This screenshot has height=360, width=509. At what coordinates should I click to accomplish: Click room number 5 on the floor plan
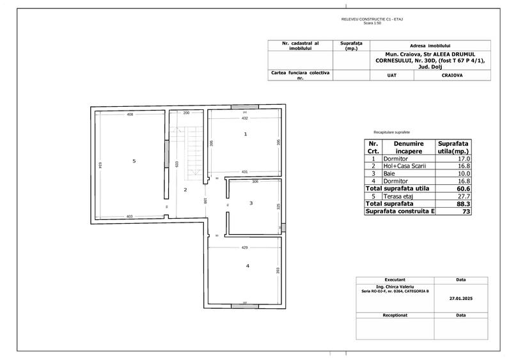tap(134, 161)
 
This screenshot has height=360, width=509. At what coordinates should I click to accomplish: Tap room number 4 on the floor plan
tap(247, 265)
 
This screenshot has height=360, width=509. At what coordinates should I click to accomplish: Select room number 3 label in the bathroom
tap(251, 203)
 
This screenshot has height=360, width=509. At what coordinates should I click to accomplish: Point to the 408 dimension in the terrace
tap(130, 114)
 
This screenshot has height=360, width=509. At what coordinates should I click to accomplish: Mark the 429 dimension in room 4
tap(245, 247)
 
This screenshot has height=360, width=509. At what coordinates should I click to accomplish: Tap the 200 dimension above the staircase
tap(187, 113)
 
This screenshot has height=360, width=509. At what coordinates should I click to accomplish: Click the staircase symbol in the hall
tap(189, 152)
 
